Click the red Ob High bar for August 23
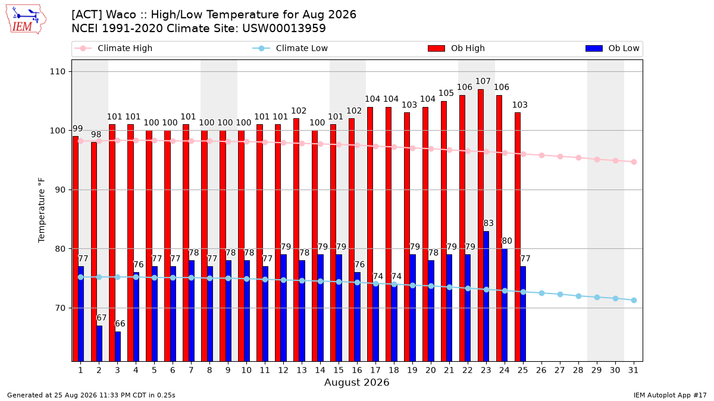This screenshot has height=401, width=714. (480, 225)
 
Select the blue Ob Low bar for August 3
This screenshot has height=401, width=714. (118, 346)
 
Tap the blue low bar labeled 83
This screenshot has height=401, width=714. (486, 296)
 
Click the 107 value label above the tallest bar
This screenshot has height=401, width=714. (483, 81)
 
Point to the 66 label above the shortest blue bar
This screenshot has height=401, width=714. (120, 324)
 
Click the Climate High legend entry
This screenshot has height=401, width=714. (114, 48)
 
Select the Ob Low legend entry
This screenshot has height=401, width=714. (612, 48)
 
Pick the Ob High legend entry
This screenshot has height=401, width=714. (456, 48)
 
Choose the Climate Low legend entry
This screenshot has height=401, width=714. (290, 48)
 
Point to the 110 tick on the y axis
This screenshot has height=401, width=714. (57, 72)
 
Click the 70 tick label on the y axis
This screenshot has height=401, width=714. (60, 308)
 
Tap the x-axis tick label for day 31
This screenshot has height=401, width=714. (633, 371)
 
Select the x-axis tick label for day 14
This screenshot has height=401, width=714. (320, 371)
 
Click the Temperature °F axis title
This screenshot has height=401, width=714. (42, 210)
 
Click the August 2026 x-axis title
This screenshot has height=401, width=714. (356, 382)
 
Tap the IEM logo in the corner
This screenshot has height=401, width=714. (26, 20)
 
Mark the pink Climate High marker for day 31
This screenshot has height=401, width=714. (634, 162)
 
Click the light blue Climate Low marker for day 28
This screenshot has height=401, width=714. (578, 296)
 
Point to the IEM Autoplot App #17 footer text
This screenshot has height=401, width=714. (670, 395)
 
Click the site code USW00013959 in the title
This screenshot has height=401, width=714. (284, 29)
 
